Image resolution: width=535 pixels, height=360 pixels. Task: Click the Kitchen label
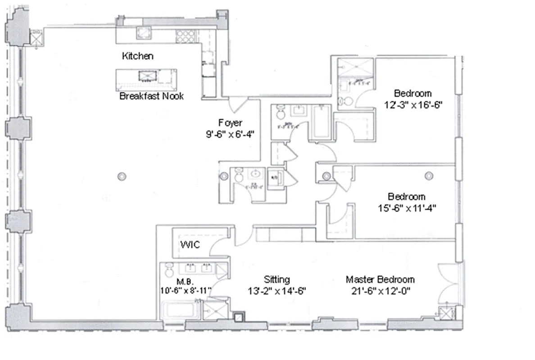138,56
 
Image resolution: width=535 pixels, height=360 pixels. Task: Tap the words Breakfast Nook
151,96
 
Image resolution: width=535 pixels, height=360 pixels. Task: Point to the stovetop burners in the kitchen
184,36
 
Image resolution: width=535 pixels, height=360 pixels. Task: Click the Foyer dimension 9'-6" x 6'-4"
230,134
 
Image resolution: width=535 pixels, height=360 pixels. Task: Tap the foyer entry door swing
236,105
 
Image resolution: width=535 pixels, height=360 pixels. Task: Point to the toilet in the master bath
169,270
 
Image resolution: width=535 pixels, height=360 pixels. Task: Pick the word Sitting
277,279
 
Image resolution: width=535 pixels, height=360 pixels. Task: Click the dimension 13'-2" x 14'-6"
277,290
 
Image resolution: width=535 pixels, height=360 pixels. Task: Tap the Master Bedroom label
380,279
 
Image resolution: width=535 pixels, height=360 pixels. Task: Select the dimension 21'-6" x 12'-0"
380,290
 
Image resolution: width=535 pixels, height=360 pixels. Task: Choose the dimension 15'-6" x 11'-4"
407,208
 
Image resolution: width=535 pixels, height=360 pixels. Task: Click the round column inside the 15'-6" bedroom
428,175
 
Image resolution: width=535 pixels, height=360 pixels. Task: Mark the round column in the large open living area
121,176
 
